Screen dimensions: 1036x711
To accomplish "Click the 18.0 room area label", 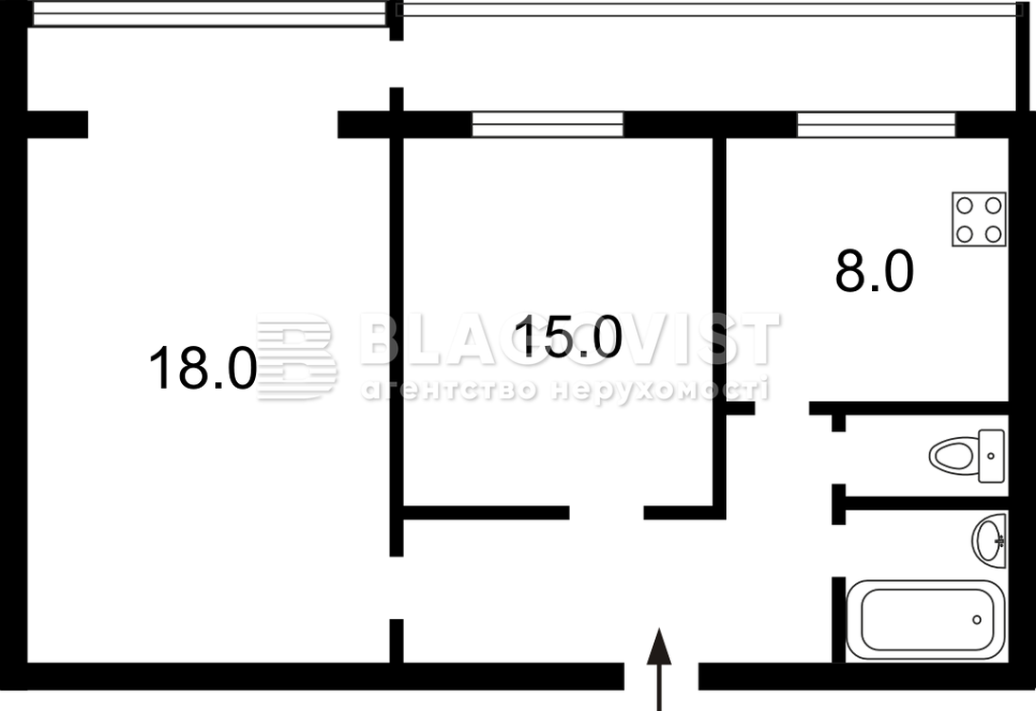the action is pos(203,368).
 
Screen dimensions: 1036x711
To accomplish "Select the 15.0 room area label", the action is pos(568,337).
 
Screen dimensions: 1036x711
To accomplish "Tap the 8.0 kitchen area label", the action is pos(874,271).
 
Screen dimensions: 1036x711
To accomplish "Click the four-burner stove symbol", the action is pos(978,219).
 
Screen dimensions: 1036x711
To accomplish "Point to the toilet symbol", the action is pos(967,455).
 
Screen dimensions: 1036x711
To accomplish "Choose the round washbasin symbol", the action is pos(990,540).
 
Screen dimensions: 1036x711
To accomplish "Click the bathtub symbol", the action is pos(925,620).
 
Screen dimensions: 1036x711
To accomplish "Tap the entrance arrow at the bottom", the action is pos(659,668).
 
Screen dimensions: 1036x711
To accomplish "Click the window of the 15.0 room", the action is pos(548,124).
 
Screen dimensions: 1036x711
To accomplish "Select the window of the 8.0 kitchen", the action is pos(876,124).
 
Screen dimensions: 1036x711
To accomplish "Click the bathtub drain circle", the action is pos(976,620).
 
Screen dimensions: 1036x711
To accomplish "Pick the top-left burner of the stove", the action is pos(965,206).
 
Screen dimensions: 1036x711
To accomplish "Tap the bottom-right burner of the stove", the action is pos(993,234).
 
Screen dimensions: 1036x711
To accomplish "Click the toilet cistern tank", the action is pos(991,456).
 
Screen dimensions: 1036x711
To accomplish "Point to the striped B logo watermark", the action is pos(297,356).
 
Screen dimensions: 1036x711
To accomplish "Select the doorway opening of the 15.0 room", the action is pos(607,512).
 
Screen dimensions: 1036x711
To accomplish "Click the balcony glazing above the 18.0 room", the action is pos(209,14).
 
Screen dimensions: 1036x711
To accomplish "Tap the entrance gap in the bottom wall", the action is pos(662,676).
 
